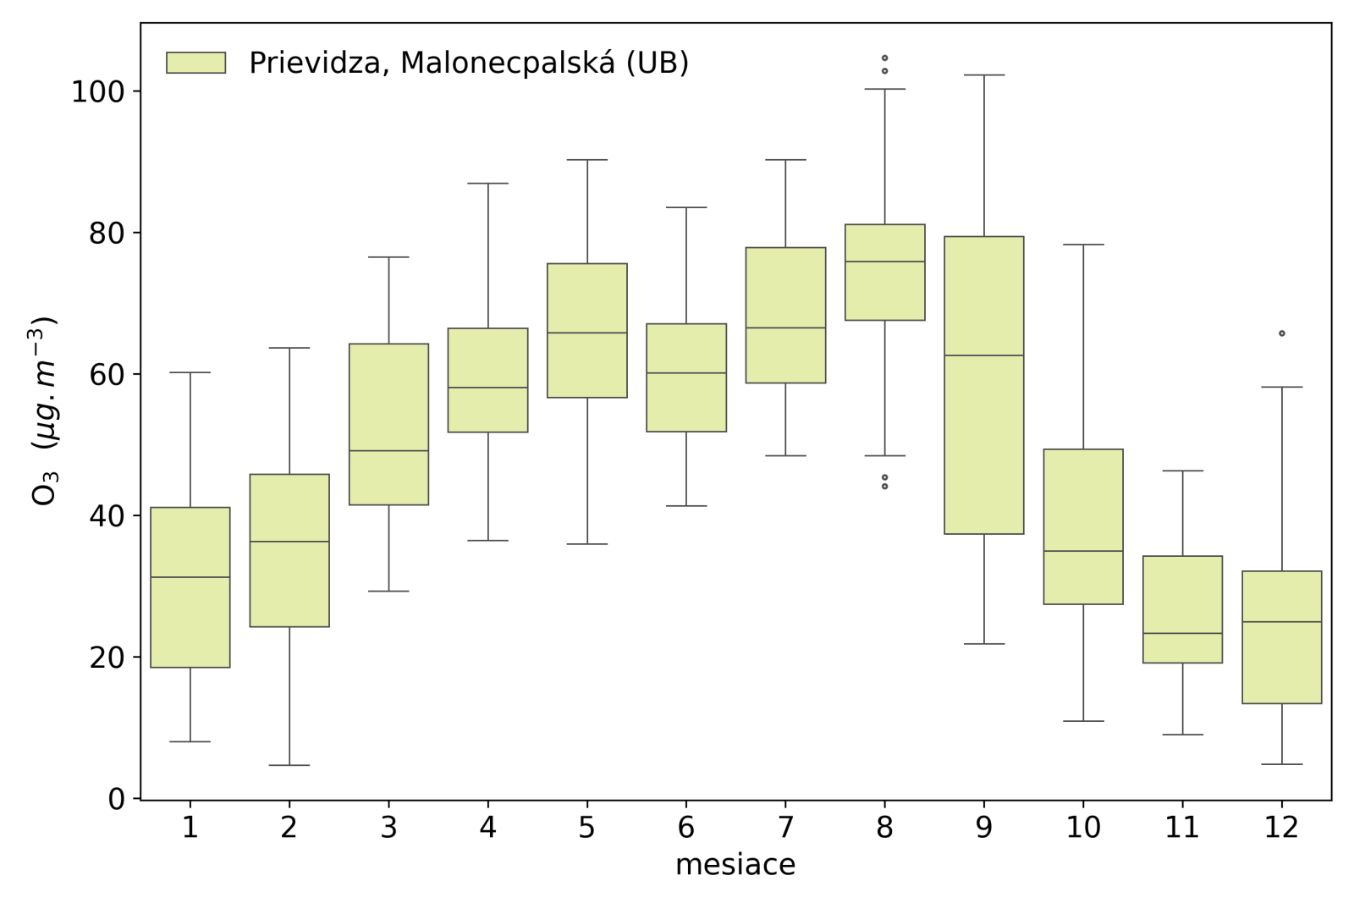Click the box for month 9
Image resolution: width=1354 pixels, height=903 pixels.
[x=984, y=385]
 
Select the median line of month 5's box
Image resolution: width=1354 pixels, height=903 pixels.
[x=587, y=333]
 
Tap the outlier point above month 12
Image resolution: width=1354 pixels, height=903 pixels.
[x=1282, y=333]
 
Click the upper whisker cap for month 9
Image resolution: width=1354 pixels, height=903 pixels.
[x=984, y=75]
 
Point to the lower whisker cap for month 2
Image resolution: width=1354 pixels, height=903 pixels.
[x=289, y=765]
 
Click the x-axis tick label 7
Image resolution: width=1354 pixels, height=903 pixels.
[x=785, y=828]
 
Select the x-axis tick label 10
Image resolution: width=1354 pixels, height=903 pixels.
[x=1083, y=828]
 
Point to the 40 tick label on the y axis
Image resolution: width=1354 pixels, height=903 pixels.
[x=106, y=515]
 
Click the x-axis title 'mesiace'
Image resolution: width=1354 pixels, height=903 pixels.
[x=735, y=865]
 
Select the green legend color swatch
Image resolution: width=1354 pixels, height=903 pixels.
[x=196, y=63]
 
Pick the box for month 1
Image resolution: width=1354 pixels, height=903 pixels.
[x=190, y=587]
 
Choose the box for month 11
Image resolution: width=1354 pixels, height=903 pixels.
[x=1182, y=609]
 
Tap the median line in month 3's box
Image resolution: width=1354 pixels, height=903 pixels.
[x=389, y=450]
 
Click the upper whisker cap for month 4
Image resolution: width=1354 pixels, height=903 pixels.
[x=488, y=183]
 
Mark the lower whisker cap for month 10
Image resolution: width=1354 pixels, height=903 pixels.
[x=1083, y=721]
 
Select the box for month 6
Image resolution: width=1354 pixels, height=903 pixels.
[x=686, y=377]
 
